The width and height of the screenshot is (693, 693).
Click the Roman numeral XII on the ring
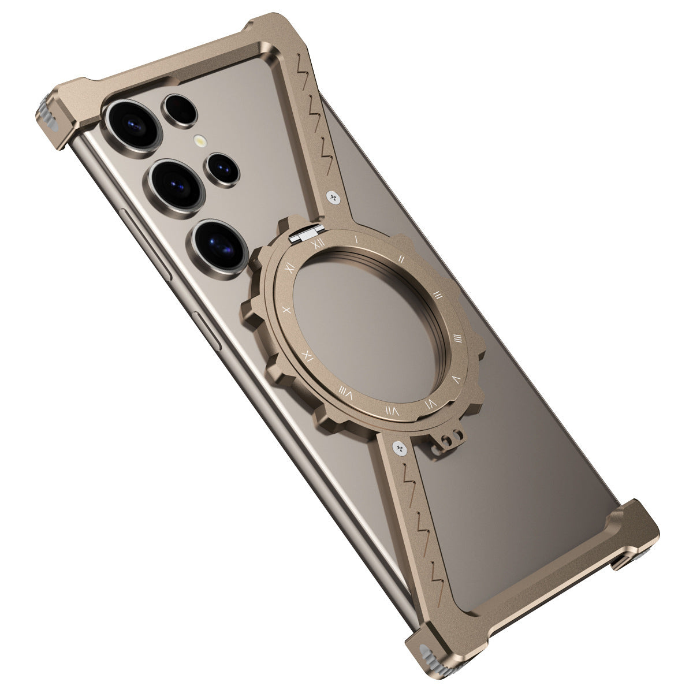316,244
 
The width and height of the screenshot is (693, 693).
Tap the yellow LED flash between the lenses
200,140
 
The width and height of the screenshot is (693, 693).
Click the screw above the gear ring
333,199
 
